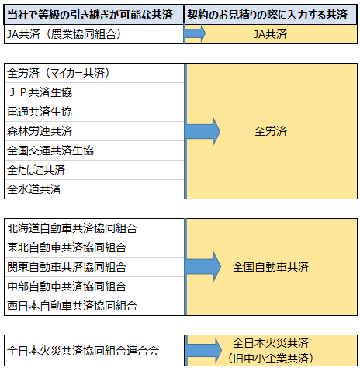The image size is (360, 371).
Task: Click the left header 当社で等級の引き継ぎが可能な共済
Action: [90, 15]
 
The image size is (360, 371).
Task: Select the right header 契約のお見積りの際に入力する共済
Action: [267, 15]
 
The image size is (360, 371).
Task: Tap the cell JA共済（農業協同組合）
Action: [64, 34]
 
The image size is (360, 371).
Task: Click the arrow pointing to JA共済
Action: [195, 33]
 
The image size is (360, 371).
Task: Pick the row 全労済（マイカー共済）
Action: [58, 73]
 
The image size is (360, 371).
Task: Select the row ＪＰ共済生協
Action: [40, 92]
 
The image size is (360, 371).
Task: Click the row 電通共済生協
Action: [40, 112]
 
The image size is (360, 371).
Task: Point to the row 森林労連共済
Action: [40, 131]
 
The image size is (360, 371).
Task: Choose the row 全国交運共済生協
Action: [50, 151]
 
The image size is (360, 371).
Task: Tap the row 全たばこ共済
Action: [36, 170]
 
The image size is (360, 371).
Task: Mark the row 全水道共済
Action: [34, 189]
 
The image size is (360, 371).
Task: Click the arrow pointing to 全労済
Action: [203, 131]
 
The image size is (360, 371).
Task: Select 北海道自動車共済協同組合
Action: [72, 228]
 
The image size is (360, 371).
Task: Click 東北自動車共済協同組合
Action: [67, 248]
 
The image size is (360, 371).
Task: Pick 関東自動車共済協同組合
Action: [67, 267]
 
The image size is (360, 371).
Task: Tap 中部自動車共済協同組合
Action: [67, 286]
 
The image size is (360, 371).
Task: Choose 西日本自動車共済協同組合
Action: [72, 306]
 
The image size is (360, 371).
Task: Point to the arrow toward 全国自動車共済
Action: [203, 267]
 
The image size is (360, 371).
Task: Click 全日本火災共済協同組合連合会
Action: [83, 351]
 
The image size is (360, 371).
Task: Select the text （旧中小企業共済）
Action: [271, 359]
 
